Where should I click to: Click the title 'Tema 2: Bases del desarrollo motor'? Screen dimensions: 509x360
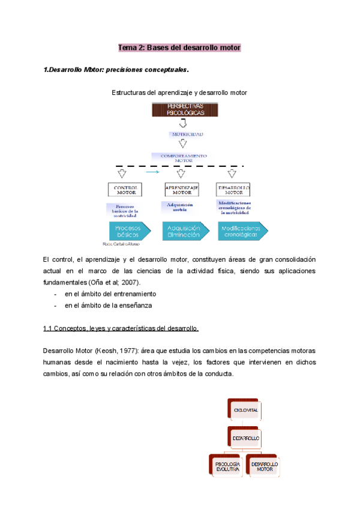tap(179, 47)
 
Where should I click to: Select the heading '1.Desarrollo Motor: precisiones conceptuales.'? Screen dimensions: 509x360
tap(116, 70)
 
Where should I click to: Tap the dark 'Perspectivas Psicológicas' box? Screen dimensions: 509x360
tap(180, 110)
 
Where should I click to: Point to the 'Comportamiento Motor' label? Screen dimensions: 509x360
tap(180, 157)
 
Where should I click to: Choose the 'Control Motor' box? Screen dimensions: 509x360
tap(125, 190)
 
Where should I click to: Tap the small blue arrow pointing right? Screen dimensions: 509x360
tap(154, 172)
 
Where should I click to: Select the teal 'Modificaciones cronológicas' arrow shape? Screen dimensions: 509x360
tap(241, 231)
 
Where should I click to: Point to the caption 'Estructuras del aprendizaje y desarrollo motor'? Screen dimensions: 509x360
tap(179, 93)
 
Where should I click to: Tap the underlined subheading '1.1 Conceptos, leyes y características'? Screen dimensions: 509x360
tap(121, 328)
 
